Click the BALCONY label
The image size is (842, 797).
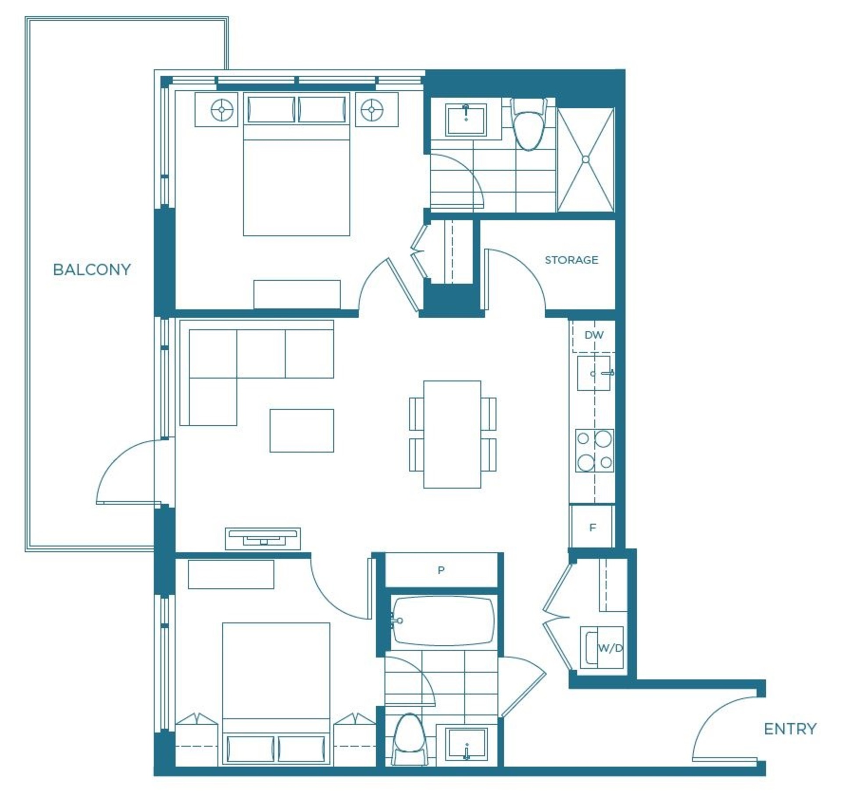pyautogui.click(x=92, y=270)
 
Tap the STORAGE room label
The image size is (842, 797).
pyautogui.click(x=571, y=260)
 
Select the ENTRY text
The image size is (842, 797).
pyautogui.click(x=790, y=729)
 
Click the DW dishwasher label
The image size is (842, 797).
pyautogui.click(x=594, y=335)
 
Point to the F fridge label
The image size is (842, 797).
pyautogui.click(x=592, y=527)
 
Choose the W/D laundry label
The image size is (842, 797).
pyautogui.click(x=610, y=648)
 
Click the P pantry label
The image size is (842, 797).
pyautogui.click(x=441, y=570)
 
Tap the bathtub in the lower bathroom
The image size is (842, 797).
pyautogui.click(x=443, y=620)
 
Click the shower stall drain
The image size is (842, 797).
pyautogui.click(x=586, y=159)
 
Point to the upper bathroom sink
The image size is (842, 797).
pyautogui.click(x=466, y=120)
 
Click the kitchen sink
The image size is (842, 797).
pyautogui.click(x=594, y=373)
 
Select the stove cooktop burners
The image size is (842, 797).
pyautogui.click(x=595, y=450)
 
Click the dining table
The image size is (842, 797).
pyautogui.click(x=452, y=434)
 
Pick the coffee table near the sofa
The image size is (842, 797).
pyautogui.click(x=302, y=431)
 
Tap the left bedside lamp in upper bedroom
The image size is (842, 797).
pyautogui.click(x=222, y=109)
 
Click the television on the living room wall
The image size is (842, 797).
pyautogui.click(x=263, y=538)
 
